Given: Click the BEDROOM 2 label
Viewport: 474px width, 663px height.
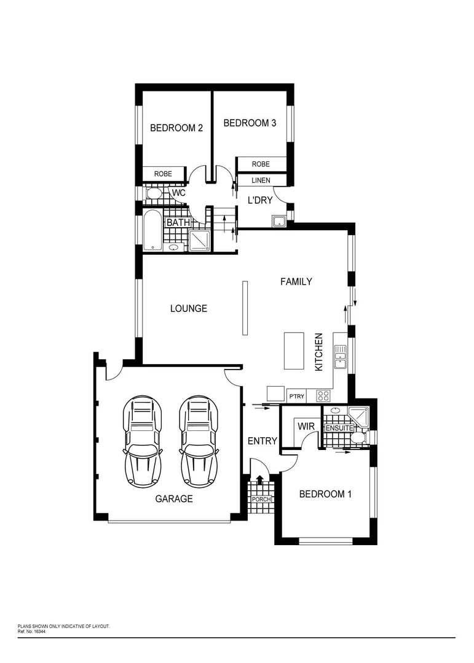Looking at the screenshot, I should point(176,128).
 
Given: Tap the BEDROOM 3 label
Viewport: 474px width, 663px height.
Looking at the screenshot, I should point(249,123).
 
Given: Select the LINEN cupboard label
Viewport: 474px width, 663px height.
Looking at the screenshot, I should point(261,180).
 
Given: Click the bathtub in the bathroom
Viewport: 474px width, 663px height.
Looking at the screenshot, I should point(152,229).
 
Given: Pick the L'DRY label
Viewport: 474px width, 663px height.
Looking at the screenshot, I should point(260,200).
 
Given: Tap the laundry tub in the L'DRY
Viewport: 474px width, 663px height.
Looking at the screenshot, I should point(278,221).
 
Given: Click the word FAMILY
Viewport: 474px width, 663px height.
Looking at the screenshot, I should point(296,282).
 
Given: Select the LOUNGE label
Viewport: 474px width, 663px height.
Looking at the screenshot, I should point(188,308).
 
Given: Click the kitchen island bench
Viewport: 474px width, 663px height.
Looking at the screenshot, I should point(294,351).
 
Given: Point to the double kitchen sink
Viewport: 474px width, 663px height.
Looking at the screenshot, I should point(340,357).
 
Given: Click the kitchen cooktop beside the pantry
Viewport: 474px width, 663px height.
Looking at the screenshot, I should point(323,395).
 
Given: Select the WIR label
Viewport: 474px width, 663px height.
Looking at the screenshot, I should point(306,426).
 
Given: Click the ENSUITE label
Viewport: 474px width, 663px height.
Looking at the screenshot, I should point(339,428).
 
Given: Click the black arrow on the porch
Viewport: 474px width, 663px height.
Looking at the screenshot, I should point(259,481).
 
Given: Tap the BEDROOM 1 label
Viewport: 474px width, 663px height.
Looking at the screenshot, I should point(325,494).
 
